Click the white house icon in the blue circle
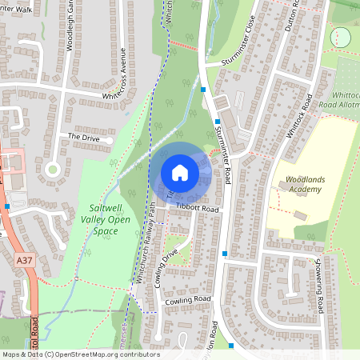[x=180, y=172]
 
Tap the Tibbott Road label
[x=197, y=208]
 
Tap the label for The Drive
[x=83, y=137]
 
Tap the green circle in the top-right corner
[x=341, y=37]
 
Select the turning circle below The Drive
[x=54, y=169]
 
